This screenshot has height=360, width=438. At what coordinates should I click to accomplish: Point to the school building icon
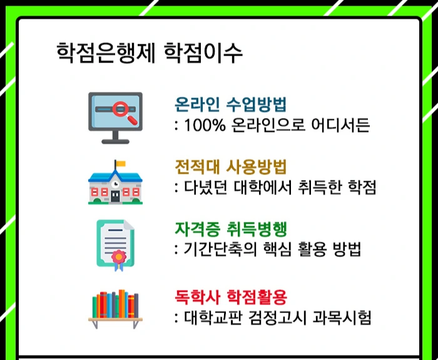click(x=115, y=182)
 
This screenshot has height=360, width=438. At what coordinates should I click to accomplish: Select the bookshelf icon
click(x=115, y=309)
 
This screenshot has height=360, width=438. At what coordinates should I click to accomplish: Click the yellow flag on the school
click(x=119, y=164)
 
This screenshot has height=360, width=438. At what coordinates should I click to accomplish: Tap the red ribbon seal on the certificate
click(x=116, y=257)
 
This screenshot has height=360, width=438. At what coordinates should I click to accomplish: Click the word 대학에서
click(x=257, y=188)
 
